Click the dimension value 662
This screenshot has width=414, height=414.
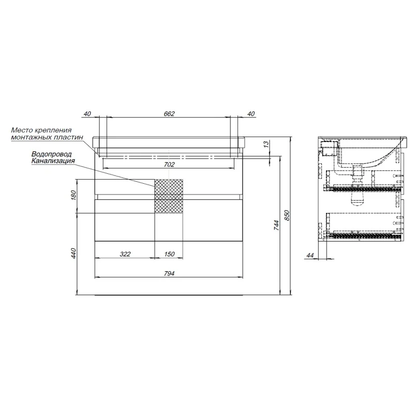click(x=169, y=113)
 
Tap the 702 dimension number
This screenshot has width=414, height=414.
click(x=169, y=165)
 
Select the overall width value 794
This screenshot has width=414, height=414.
click(x=169, y=274)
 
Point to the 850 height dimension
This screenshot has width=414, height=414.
click(x=287, y=215)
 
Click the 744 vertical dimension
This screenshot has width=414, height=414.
click(x=276, y=225)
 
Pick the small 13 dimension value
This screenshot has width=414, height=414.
click(x=266, y=144)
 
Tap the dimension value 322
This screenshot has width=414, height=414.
click(x=125, y=254)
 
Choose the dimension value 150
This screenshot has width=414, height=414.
click(x=169, y=254)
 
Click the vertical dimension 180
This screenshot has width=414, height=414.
click(x=73, y=195)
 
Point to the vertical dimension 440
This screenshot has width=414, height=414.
click(x=73, y=254)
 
